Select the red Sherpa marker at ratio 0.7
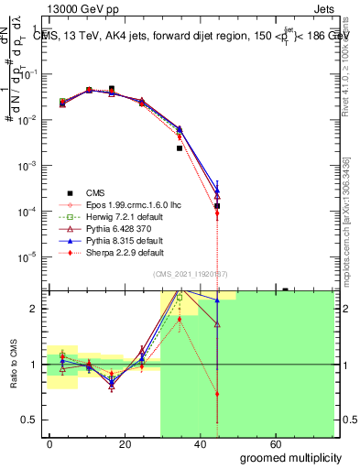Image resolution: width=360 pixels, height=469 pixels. point(217,394)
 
